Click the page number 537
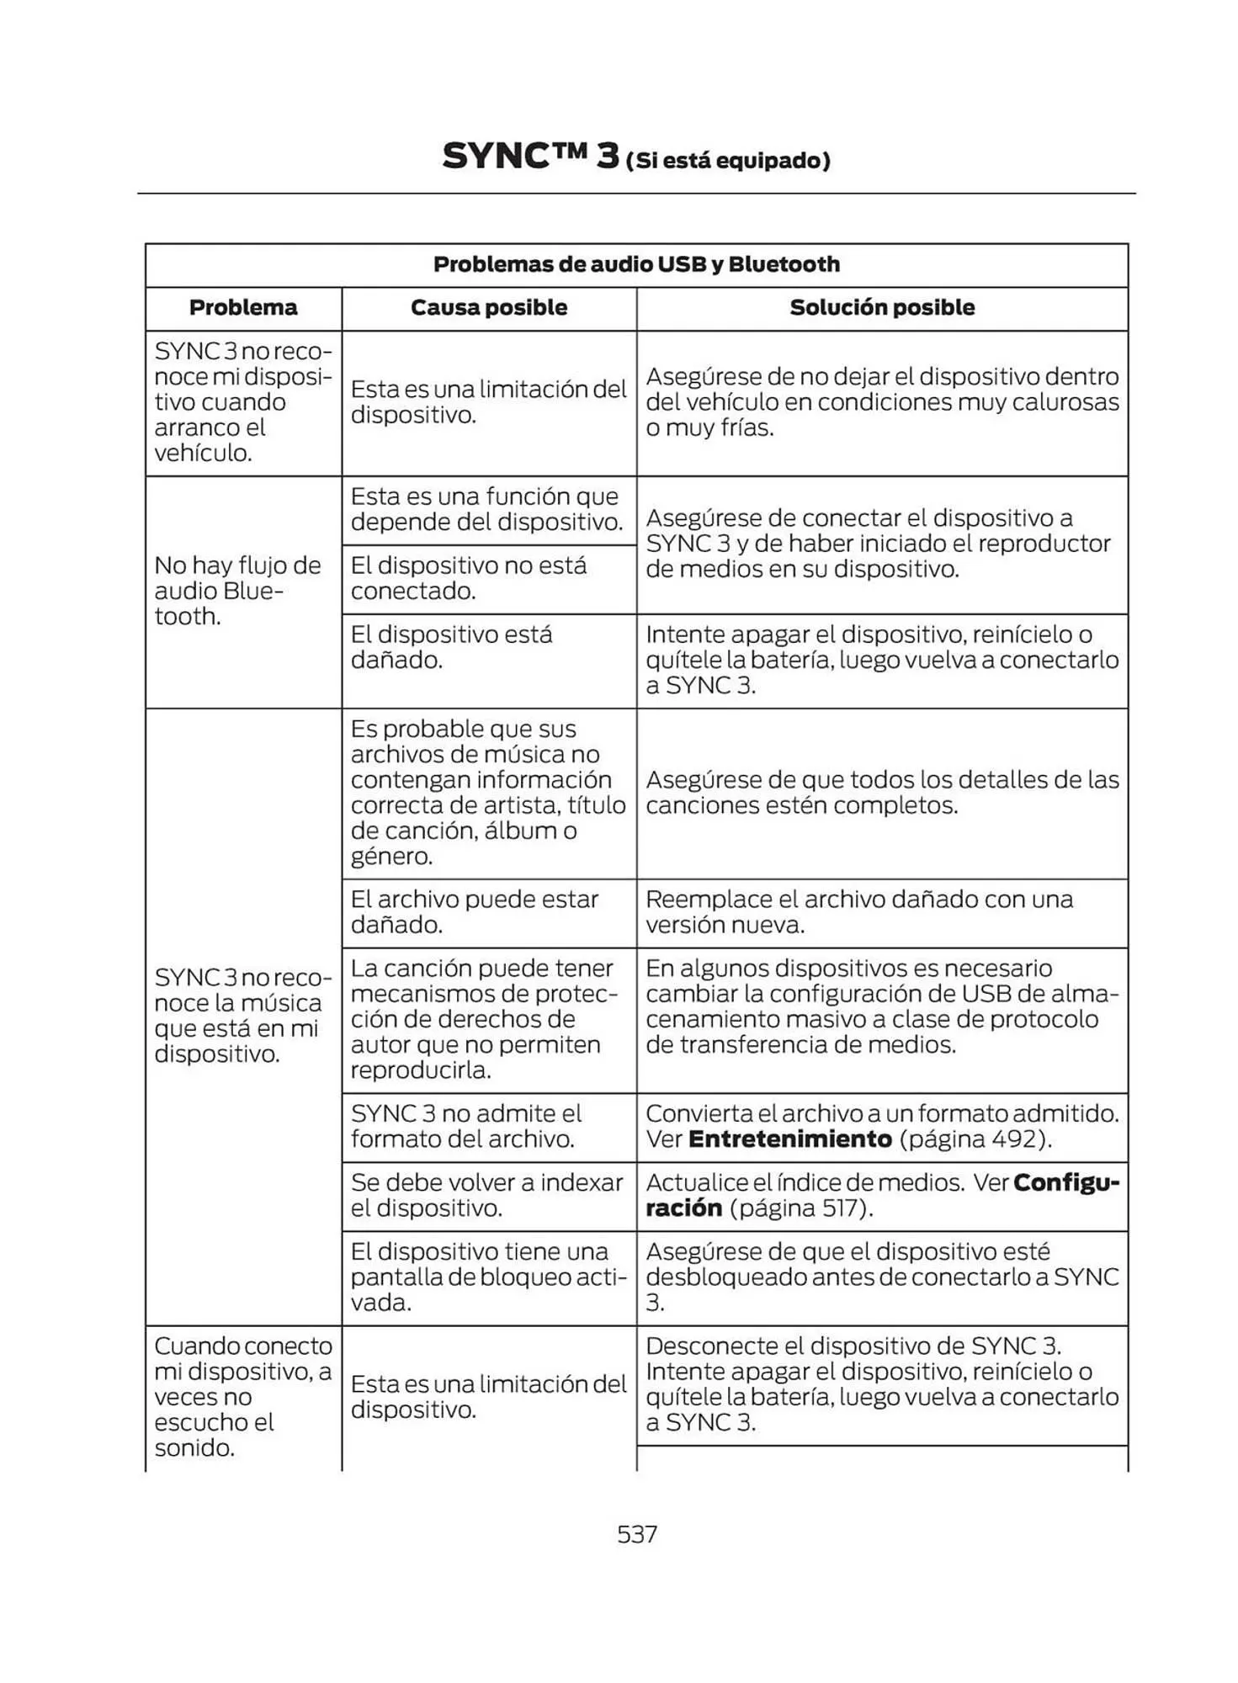(x=636, y=1534)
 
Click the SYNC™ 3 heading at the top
(x=530, y=157)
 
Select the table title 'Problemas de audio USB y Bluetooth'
(x=636, y=264)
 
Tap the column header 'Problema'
(x=243, y=308)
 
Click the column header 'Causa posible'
(x=488, y=308)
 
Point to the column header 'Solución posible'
(x=881, y=308)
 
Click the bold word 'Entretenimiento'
(x=789, y=1139)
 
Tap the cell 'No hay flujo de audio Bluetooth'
(x=237, y=591)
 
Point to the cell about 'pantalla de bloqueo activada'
(x=488, y=1277)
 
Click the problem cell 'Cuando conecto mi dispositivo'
(x=242, y=1396)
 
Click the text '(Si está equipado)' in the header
(x=728, y=161)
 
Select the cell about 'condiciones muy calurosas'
(x=881, y=402)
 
